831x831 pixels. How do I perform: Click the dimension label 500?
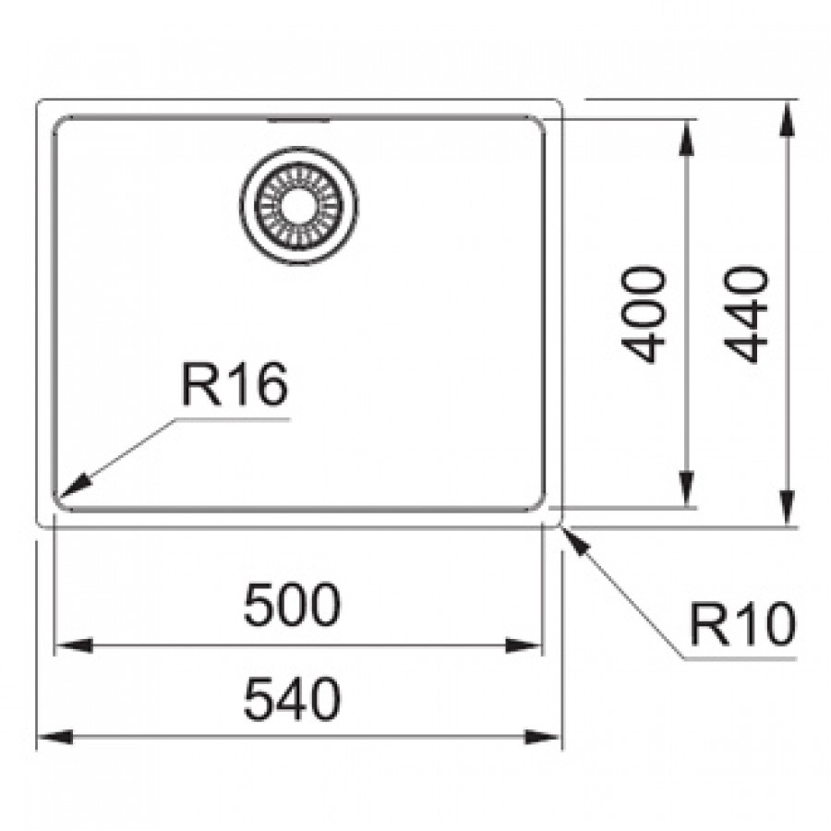(292, 607)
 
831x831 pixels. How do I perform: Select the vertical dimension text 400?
(644, 314)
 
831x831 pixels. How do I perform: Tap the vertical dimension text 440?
(746, 314)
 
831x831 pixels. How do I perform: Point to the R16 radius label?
(234, 385)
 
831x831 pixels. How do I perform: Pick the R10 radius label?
(741, 627)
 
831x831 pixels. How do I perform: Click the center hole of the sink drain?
(301, 206)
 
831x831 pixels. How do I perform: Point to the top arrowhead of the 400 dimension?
(687, 137)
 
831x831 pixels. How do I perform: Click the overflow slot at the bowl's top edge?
(299, 120)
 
